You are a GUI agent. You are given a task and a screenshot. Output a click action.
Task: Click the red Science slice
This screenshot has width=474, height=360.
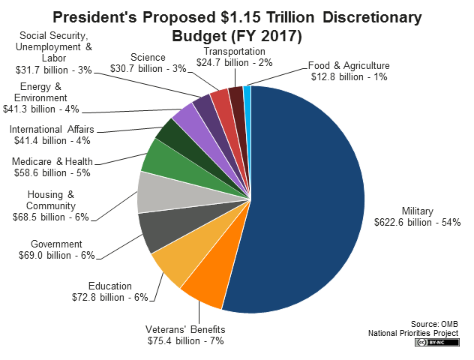220,99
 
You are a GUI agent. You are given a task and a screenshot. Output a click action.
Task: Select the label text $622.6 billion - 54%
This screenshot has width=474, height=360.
417,222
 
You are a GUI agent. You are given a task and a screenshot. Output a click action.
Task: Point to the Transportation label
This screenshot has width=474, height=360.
235,51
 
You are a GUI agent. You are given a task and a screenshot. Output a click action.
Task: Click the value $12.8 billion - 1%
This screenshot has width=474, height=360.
350,76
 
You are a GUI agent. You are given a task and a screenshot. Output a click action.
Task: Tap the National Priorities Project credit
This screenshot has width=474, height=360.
412,332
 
